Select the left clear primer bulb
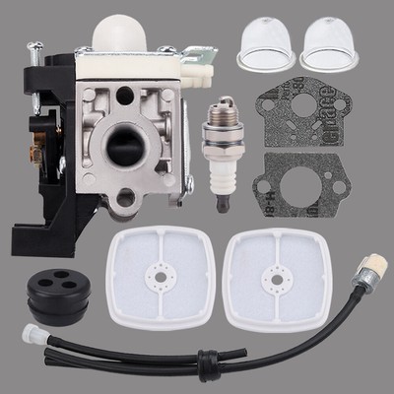[x=259, y=50]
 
